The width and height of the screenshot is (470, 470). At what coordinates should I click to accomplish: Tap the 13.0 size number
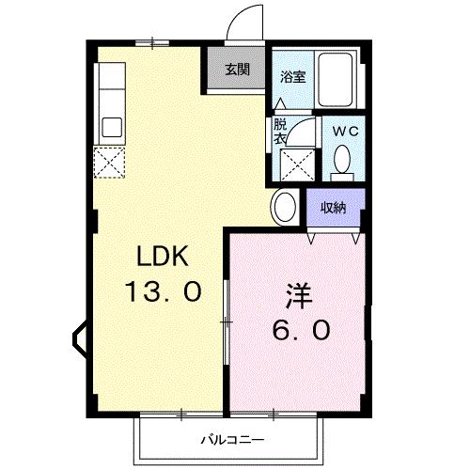pos(164,291)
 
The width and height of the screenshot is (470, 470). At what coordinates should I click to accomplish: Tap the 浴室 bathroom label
pos(291,78)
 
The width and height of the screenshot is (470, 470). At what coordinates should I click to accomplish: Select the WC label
pos(343,133)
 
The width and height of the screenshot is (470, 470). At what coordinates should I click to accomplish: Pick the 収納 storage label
pos(334,207)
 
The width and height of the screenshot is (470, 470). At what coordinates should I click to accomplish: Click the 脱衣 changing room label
pos(280,131)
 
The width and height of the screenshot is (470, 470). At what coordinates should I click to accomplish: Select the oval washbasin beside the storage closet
pos(284,206)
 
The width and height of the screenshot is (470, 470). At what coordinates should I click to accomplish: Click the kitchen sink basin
pos(111,126)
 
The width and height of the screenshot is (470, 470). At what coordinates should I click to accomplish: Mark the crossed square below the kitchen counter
pos(111,164)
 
